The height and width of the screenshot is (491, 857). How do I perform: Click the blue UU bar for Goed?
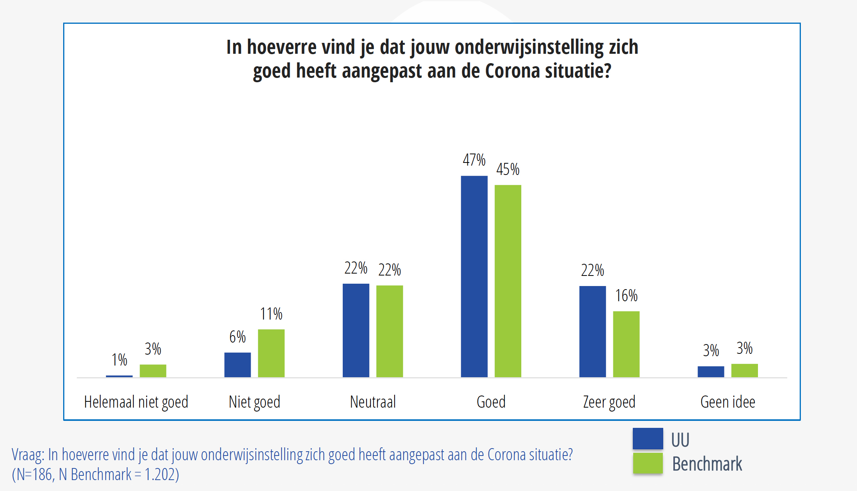[474, 276]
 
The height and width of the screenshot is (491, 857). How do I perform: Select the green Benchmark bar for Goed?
[508, 281]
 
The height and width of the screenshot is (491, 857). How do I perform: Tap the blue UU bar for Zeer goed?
[592, 331]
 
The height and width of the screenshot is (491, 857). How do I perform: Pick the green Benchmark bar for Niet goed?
[271, 353]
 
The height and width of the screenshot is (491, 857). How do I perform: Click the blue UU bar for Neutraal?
[356, 330]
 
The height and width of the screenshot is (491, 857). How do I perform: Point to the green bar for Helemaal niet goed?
[153, 371]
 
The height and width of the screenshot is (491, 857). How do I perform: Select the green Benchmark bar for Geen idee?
[744, 370]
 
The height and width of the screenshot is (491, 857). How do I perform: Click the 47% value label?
[474, 160]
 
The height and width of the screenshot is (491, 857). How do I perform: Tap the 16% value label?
[626, 295]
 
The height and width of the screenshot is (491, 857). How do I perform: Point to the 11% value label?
[271, 314]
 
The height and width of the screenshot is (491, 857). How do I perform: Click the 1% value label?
[119, 359]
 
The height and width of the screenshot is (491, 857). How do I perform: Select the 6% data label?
[237, 337]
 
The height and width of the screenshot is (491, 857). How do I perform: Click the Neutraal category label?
[373, 402]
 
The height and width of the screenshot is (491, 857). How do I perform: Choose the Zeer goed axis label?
[609, 402]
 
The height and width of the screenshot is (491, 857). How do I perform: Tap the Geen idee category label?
[728, 402]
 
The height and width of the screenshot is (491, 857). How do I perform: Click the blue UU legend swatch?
[648, 439]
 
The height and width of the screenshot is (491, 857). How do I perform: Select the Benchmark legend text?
[707, 464]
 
